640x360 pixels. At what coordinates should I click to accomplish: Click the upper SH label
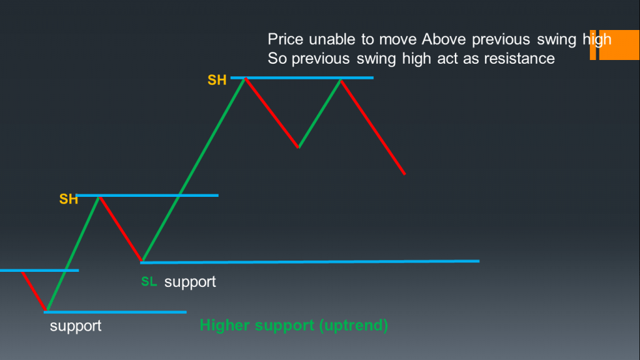[x=217, y=81]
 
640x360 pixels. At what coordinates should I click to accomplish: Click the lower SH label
[x=68, y=199]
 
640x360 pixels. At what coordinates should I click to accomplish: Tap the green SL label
[x=149, y=282]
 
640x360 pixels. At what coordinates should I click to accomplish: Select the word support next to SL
[x=190, y=282]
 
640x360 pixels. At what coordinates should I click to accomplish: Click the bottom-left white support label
[x=76, y=326]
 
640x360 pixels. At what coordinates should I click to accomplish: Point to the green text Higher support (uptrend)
[x=294, y=326]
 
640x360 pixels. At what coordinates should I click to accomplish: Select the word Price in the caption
[x=285, y=39]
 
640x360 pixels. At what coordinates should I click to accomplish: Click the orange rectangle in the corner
[x=619, y=45]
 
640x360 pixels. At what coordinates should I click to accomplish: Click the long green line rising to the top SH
[x=194, y=169]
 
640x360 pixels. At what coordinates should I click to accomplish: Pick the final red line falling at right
[x=373, y=126]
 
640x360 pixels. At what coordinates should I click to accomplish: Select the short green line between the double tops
[x=319, y=113]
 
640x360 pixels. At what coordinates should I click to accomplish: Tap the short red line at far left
[x=34, y=291]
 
